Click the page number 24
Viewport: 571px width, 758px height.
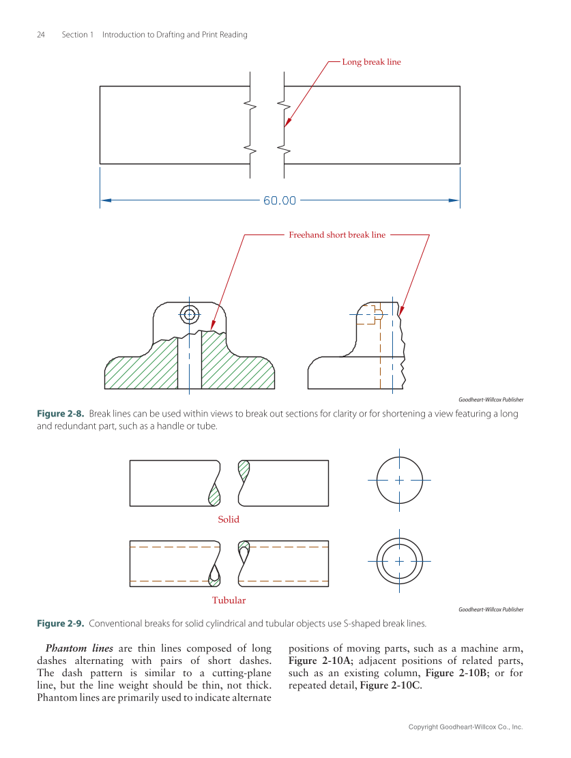41,35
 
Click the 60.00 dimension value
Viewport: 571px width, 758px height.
280,200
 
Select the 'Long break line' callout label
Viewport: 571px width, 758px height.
371,62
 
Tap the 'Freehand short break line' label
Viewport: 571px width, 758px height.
337,235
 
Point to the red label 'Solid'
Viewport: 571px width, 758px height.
229,519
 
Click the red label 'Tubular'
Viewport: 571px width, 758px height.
229,601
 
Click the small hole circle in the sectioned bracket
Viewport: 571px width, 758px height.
189,314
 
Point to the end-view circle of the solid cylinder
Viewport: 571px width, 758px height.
399,480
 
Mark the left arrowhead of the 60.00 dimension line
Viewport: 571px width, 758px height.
105,200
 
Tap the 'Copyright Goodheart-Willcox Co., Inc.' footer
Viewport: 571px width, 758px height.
465,727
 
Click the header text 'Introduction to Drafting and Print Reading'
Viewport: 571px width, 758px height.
175,35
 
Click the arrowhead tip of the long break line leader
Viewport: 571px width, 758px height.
285,127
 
